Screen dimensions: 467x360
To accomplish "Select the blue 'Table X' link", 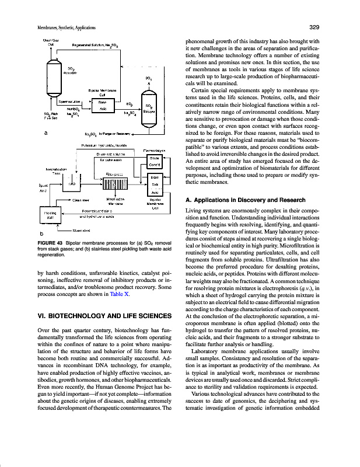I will (x=119, y=295).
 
